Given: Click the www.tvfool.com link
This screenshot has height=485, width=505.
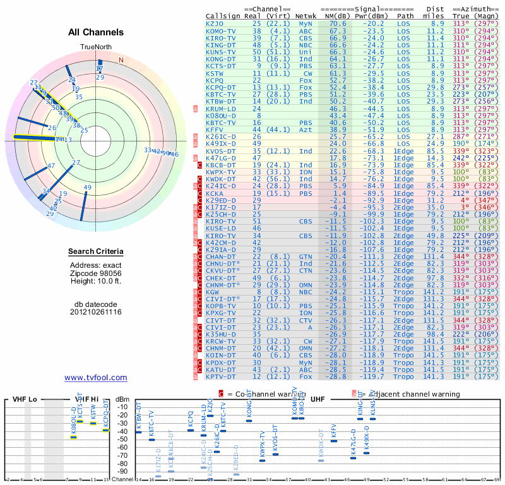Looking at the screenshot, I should [x=96, y=378].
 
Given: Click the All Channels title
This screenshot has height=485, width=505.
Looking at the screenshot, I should [x=96, y=32].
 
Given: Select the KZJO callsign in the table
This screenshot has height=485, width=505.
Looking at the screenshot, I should [x=215, y=23].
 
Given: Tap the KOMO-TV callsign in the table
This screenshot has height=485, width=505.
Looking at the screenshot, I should [x=221, y=31].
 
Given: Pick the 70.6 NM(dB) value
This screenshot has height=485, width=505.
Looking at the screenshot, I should [x=335, y=23].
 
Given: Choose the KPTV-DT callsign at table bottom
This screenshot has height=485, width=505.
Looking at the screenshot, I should [x=221, y=377].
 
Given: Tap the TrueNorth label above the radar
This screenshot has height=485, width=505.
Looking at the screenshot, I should [x=95, y=47].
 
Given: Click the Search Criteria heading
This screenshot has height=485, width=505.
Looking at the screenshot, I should [x=96, y=252].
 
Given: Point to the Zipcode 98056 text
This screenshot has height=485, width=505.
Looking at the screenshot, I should [x=96, y=273].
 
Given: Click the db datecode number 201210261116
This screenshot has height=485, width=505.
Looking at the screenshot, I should [x=96, y=312].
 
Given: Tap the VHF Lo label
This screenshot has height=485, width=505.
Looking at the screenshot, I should [x=24, y=400].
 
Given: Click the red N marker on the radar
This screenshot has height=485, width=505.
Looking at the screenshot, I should [x=121, y=61].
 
